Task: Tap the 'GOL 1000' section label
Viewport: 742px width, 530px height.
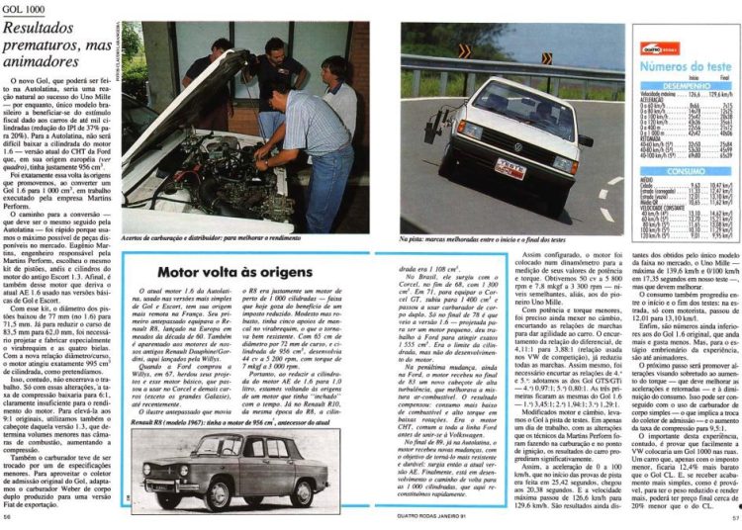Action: [x=24, y=7]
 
